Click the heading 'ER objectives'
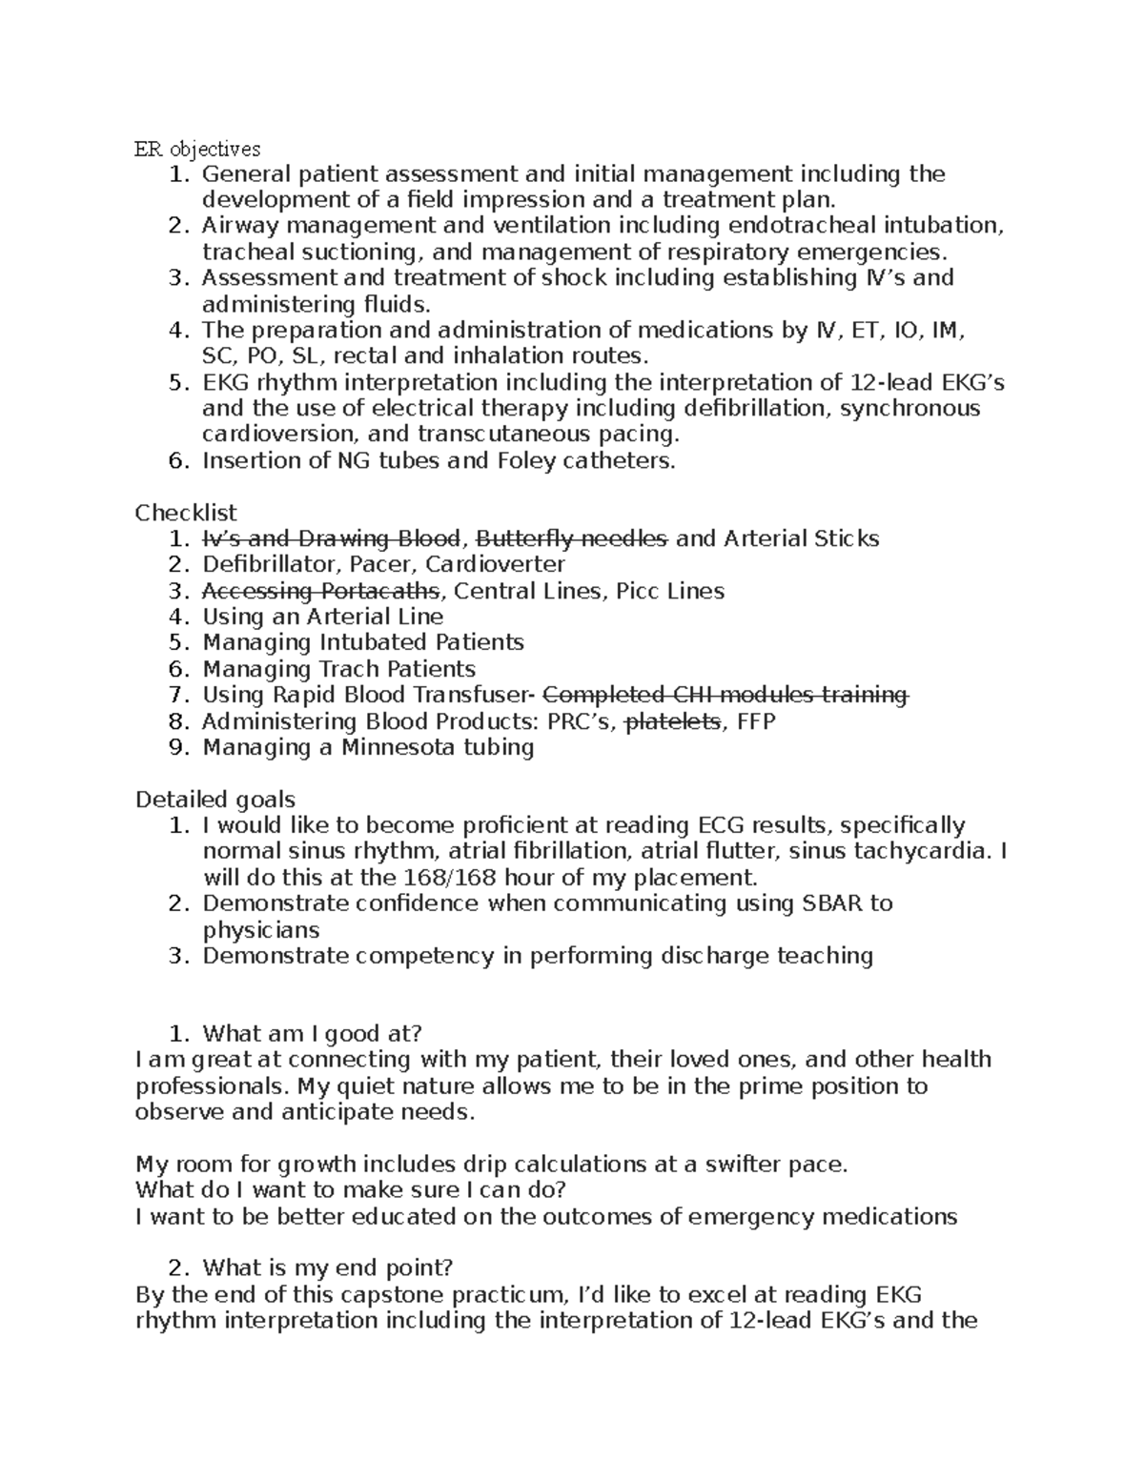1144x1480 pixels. pos(197,149)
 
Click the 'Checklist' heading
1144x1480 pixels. pos(186,513)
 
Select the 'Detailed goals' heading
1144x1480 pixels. pos(215,799)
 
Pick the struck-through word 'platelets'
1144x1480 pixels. pos(672,721)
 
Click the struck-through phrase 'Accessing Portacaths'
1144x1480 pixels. pos(321,591)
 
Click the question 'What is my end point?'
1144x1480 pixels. pos(328,1268)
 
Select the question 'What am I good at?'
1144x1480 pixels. pos(312,1034)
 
